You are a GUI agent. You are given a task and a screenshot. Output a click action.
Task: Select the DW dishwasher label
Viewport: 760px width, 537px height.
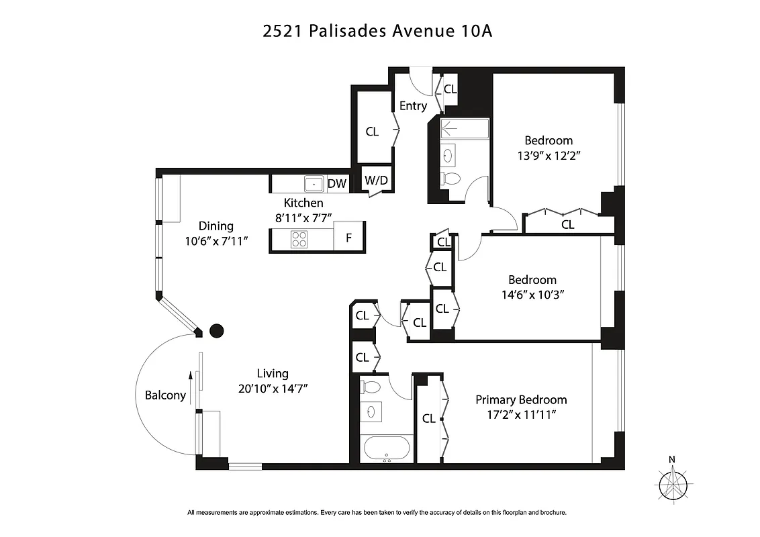pos(336,184)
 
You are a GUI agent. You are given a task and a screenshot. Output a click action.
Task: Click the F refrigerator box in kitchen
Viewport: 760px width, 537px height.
pos(348,238)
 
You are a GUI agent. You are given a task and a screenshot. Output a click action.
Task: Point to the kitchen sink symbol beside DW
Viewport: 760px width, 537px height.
pos(314,183)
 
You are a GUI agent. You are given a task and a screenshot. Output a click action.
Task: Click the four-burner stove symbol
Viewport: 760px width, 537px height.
pos(299,238)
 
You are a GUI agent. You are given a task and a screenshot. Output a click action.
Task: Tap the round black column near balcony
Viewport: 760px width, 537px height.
pos(217,330)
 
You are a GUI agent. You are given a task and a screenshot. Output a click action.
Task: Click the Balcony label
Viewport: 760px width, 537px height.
pos(165,395)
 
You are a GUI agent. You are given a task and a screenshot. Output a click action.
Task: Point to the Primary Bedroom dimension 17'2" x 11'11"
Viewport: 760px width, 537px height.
pos(521,415)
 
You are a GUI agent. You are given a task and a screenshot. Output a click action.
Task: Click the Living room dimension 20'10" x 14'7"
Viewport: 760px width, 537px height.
pos(273,389)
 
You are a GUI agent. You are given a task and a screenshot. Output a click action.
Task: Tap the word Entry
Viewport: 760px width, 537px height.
pos(413,106)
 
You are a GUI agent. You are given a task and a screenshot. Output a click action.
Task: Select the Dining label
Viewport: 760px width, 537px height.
pos(216,226)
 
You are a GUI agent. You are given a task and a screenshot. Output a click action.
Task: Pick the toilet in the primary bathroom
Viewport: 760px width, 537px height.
pos(370,387)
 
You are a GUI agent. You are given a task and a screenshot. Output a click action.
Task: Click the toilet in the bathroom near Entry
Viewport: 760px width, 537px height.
pos(452,179)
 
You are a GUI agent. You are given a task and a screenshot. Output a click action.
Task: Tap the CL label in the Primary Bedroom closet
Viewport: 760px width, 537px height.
pos(428,419)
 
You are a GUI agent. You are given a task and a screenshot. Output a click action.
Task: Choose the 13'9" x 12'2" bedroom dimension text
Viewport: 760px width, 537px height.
pos(549,156)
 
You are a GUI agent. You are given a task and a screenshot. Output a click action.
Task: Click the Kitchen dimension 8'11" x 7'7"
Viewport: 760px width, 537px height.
pos(303,217)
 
